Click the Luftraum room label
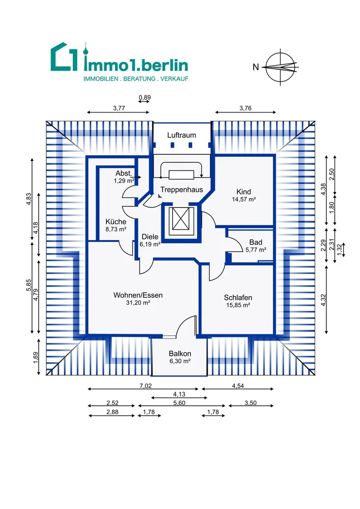[181, 135]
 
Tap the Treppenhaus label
[181, 189]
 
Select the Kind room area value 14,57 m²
[243, 200]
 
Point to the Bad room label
[256, 242]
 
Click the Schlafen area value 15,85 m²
[238, 305]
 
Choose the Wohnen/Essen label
[138, 295]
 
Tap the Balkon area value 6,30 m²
[180, 361]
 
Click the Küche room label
[116, 222]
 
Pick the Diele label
[150, 237]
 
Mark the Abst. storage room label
[124, 174]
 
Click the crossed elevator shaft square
[181, 218]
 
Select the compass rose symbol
[281, 67]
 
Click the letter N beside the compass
[256, 67]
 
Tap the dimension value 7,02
[146, 386]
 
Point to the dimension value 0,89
[145, 97]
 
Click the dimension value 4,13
[179, 394]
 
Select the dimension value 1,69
[36, 357]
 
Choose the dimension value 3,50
[251, 403]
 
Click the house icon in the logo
[64, 56]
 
